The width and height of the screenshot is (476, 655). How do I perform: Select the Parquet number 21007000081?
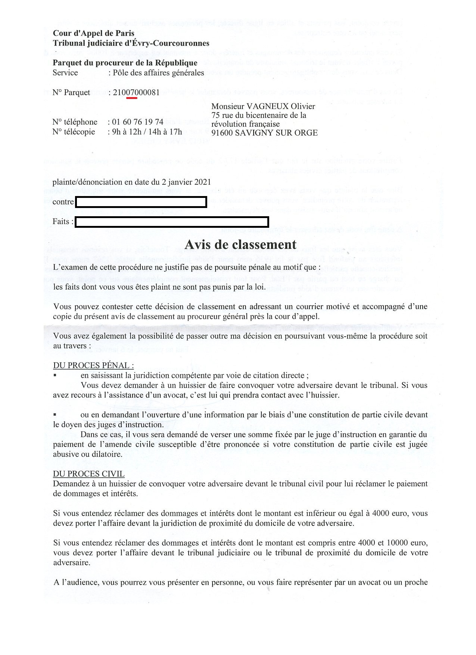tap(136, 92)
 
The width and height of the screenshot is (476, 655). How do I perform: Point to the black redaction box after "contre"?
tap(141, 202)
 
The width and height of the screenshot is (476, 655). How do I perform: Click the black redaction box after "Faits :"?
tap(172, 222)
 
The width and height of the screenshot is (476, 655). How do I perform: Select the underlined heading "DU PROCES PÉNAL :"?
tap(93, 365)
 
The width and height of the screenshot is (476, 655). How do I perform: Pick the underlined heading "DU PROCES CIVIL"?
tap(88, 474)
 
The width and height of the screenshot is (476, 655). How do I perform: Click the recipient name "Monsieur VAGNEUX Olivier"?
tap(263, 106)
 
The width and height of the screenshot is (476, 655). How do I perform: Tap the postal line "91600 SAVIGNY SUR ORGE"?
tap(264, 133)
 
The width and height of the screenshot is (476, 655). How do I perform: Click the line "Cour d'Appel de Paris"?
tap(93, 33)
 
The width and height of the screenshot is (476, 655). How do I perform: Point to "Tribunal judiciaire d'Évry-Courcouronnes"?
tap(131, 43)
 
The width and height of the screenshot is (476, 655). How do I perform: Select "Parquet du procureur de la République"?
tap(125, 63)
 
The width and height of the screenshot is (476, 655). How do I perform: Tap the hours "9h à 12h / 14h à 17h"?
tap(147, 131)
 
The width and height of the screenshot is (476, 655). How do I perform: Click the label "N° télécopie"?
tap(74, 131)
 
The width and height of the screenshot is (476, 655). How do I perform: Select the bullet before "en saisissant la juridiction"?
tap(55, 375)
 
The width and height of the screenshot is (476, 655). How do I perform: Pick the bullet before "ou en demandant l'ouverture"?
tap(55, 414)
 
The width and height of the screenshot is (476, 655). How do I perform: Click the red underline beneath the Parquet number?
tap(132, 98)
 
